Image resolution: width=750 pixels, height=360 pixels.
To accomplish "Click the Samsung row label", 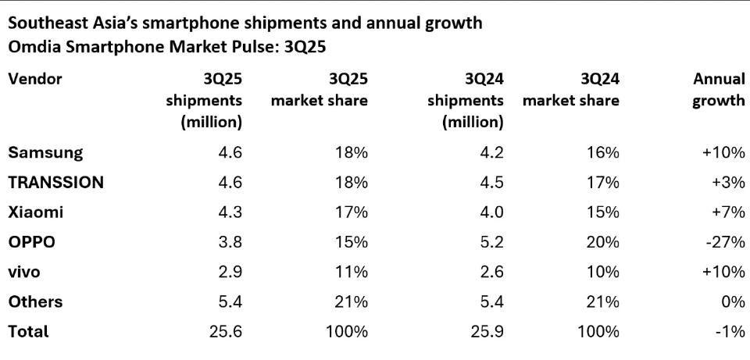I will pyautogui.click(x=45, y=152).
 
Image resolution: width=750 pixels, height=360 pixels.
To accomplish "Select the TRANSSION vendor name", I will pyautogui.click(x=55, y=182).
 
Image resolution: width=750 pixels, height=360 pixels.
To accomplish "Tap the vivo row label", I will pyautogui.click(x=23, y=272).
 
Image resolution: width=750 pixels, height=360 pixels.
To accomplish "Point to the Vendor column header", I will pyautogui.click(x=35, y=79).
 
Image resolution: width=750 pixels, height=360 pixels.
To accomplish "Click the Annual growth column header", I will pyautogui.click(x=718, y=90).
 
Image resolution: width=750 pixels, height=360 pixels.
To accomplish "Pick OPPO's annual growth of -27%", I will pyautogui.click(x=727, y=242).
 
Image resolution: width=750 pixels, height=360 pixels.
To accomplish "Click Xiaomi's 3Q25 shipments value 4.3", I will pyautogui.click(x=230, y=212).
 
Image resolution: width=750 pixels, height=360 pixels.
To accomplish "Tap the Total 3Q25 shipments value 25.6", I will pyautogui.click(x=225, y=332).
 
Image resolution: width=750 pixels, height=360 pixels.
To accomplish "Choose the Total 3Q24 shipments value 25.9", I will pyautogui.click(x=487, y=332).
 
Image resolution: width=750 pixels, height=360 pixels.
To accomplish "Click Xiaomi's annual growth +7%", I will pyautogui.click(x=727, y=212).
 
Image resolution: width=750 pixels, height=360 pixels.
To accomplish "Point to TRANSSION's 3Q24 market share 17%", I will pyautogui.click(x=603, y=182).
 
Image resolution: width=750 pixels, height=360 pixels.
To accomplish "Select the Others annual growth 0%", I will pyautogui.click(x=733, y=301).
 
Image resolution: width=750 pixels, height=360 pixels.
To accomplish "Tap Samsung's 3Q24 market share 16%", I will pyautogui.click(x=603, y=152).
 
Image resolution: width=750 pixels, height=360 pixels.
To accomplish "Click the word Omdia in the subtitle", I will pyautogui.click(x=32, y=47).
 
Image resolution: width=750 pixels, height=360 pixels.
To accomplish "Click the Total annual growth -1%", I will pyautogui.click(x=731, y=332).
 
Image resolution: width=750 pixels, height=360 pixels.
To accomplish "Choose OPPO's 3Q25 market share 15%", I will pyautogui.click(x=352, y=242).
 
